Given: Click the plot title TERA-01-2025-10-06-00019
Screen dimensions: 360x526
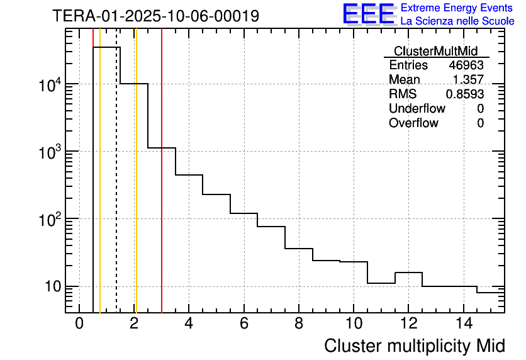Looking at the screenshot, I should click(x=155, y=16).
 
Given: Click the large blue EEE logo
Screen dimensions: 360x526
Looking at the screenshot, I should click(x=369, y=14).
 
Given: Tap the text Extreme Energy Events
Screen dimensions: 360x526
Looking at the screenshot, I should click(x=457, y=8).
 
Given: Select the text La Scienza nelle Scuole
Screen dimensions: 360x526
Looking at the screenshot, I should click(x=457, y=21).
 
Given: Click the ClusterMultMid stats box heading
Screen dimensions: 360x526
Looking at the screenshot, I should click(x=435, y=51).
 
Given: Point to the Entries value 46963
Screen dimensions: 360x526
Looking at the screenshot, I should click(x=466, y=65).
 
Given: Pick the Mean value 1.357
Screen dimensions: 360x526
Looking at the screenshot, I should click(x=469, y=80).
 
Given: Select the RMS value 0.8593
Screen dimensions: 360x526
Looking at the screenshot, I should click(x=465, y=94).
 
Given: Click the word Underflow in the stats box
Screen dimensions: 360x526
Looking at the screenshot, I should click(x=417, y=109).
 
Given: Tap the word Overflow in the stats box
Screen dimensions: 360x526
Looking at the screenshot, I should click(x=413, y=123).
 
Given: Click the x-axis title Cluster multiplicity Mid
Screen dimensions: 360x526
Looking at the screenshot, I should click(x=414, y=346).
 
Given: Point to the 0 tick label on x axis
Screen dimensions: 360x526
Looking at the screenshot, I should click(x=79, y=323).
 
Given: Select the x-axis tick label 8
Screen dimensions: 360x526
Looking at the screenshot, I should click(x=299, y=323).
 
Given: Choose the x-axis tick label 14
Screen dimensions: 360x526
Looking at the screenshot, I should click(x=463, y=323).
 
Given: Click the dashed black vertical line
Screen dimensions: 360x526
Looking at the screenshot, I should click(x=116, y=189).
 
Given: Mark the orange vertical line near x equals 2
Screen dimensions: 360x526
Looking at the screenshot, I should click(x=136, y=189).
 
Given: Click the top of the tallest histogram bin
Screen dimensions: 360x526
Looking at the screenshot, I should click(x=106, y=47).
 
